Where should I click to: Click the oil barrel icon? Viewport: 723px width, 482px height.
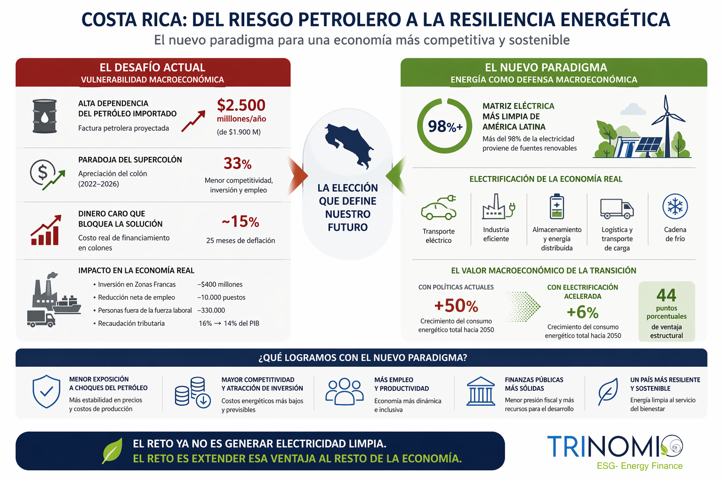(x=45, y=116)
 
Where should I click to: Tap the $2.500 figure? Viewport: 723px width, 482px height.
(x=241, y=105)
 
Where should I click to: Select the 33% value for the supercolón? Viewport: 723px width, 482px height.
(x=237, y=164)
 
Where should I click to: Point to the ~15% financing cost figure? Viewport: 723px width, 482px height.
(x=240, y=221)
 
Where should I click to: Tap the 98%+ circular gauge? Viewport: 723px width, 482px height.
(x=444, y=126)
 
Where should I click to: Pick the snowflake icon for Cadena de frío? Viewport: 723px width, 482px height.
(x=675, y=206)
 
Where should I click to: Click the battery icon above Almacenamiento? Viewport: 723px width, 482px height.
(x=557, y=207)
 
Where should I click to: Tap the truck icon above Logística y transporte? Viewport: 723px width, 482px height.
(x=617, y=208)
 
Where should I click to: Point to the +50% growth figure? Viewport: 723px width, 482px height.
(x=456, y=306)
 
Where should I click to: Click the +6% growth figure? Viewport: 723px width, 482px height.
(x=582, y=312)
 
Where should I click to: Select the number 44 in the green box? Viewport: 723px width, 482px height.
(x=666, y=295)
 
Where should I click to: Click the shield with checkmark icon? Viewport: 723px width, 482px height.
(x=46, y=391)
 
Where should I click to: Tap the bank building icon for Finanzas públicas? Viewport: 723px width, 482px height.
(x=481, y=391)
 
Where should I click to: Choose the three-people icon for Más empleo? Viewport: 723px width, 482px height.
(x=345, y=391)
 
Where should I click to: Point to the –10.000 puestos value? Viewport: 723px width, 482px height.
(x=221, y=297)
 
